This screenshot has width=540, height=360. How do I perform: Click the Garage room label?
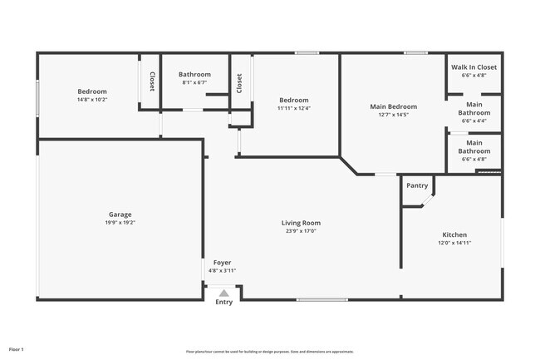(x=120, y=215)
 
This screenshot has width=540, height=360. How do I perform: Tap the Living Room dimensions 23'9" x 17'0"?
(x=300, y=231)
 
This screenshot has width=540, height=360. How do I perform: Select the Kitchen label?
(x=454, y=235)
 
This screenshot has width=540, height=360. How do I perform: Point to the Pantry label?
(x=417, y=185)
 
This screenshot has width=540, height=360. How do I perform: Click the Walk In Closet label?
(x=474, y=67)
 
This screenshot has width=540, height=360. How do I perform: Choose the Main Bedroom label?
(x=393, y=106)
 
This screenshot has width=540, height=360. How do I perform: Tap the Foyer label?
(x=222, y=262)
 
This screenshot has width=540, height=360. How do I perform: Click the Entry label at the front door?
(x=224, y=302)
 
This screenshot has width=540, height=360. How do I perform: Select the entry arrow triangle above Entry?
(x=223, y=292)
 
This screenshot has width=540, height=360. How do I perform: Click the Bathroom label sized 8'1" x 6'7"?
(x=194, y=75)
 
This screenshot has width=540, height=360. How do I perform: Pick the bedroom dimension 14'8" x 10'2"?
(x=92, y=100)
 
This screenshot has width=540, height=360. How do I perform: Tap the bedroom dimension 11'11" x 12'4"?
(x=293, y=108)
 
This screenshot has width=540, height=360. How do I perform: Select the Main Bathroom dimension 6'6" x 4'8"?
(x=474, y=160)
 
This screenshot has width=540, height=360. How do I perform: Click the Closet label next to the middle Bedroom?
(x=239, y=83)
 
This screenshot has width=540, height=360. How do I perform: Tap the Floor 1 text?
(x=17, y=349)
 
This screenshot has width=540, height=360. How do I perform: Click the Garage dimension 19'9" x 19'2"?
(x=120, y=223)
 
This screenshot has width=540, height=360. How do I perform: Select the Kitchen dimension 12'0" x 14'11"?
(x=454, y=244)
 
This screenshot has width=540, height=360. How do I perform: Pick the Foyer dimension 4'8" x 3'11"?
(x=222, y=270)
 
